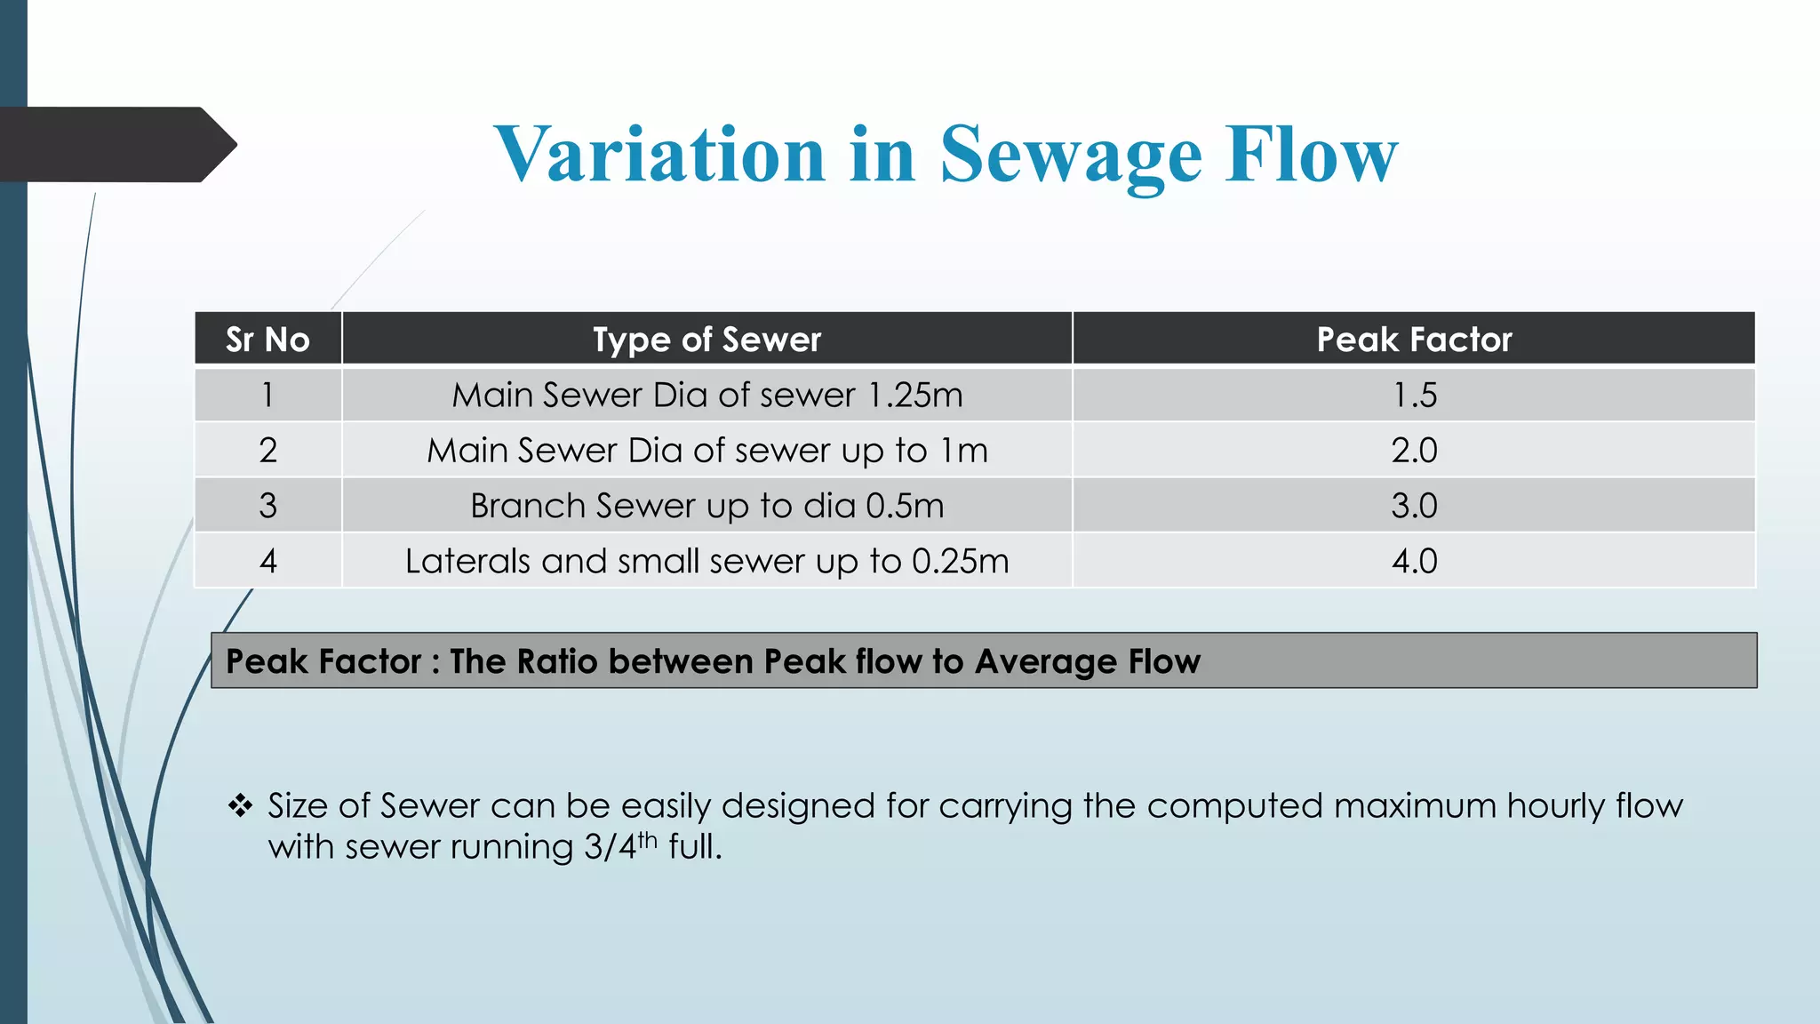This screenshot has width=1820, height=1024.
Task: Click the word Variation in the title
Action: click(659, 155)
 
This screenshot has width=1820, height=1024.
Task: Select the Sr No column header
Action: click(267, 340)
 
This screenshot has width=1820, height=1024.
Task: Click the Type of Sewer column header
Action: click(706, 340)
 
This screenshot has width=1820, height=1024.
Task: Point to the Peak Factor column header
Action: click(1414, 340)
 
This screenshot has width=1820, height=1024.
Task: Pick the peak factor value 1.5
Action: click(1414, 396)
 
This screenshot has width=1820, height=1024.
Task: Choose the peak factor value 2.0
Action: click(1414, 451)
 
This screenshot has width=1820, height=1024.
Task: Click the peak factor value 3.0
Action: click(1414, 506)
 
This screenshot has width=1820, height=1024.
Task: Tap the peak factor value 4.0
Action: click(1414, 561)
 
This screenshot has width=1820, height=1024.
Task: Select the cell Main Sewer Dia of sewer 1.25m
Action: click(706, 396)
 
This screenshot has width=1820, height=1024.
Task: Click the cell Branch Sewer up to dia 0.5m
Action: click(706, 506)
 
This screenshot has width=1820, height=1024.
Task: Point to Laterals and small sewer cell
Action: click(706, 561)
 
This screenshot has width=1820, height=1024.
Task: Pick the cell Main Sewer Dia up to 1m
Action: click(706, 451)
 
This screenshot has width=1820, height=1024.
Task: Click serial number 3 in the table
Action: click(267, 506)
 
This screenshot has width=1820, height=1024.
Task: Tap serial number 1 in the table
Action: click(267, 396)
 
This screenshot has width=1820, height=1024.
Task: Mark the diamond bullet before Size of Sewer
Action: click(240, 806)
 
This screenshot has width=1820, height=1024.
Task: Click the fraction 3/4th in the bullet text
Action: click(619, 845)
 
